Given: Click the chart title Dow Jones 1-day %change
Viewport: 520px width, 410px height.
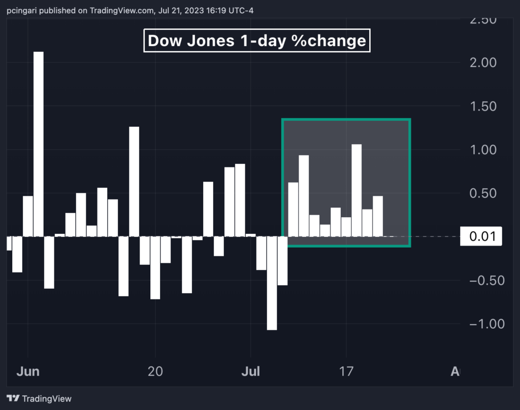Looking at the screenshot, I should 257,41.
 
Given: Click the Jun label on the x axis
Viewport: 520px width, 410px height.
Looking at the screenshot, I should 27,371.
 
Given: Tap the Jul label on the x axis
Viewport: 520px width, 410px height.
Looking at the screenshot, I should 250,371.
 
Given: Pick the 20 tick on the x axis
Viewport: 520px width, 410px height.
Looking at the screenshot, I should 155,371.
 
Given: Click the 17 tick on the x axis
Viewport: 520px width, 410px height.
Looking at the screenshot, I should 346,371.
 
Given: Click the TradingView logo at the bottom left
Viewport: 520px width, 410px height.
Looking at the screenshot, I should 39,398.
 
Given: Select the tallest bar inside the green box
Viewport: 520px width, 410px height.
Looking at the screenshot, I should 356,190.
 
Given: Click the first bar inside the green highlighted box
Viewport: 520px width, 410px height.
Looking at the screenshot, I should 293,209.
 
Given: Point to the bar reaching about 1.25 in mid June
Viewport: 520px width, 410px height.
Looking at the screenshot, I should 134,181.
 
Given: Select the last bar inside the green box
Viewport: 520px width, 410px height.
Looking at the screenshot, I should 378,216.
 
